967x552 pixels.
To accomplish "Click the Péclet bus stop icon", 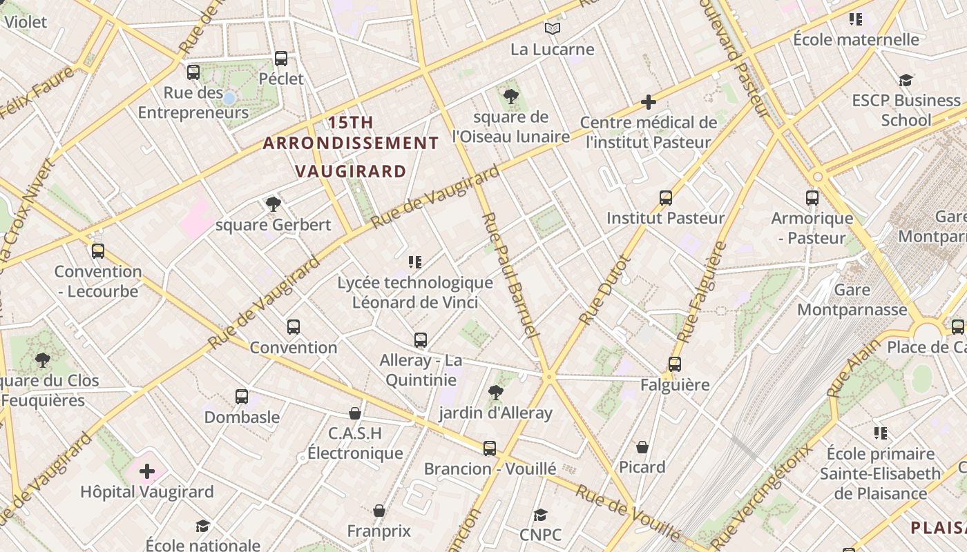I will [280, 59].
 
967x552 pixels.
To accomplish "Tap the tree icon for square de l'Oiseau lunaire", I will [511, 97].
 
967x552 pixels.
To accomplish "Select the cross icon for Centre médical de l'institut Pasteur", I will [648, 103].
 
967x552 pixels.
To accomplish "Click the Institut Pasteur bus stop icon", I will [665, 198].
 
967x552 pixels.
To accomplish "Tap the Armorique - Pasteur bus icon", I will [812, 198].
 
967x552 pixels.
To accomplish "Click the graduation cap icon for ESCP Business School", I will [906, 81].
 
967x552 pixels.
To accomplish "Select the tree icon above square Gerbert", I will [274, 204].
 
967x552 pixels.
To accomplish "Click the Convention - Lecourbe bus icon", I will [98, 251].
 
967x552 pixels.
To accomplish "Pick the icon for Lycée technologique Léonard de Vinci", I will [414, 262].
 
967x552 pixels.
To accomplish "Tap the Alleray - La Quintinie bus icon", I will [420, 340].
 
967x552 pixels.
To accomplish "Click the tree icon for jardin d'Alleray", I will [495, 393].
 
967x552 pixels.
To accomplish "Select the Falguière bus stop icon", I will [674, 364].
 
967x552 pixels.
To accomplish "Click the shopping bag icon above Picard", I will [642, 447].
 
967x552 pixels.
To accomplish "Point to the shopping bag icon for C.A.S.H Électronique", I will [354, 413].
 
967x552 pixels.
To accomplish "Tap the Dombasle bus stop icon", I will [241, 397].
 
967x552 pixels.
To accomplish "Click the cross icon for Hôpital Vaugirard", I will [146, 472].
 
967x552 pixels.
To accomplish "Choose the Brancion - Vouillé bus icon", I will [489, 448].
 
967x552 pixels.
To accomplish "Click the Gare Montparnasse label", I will [852, 299].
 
